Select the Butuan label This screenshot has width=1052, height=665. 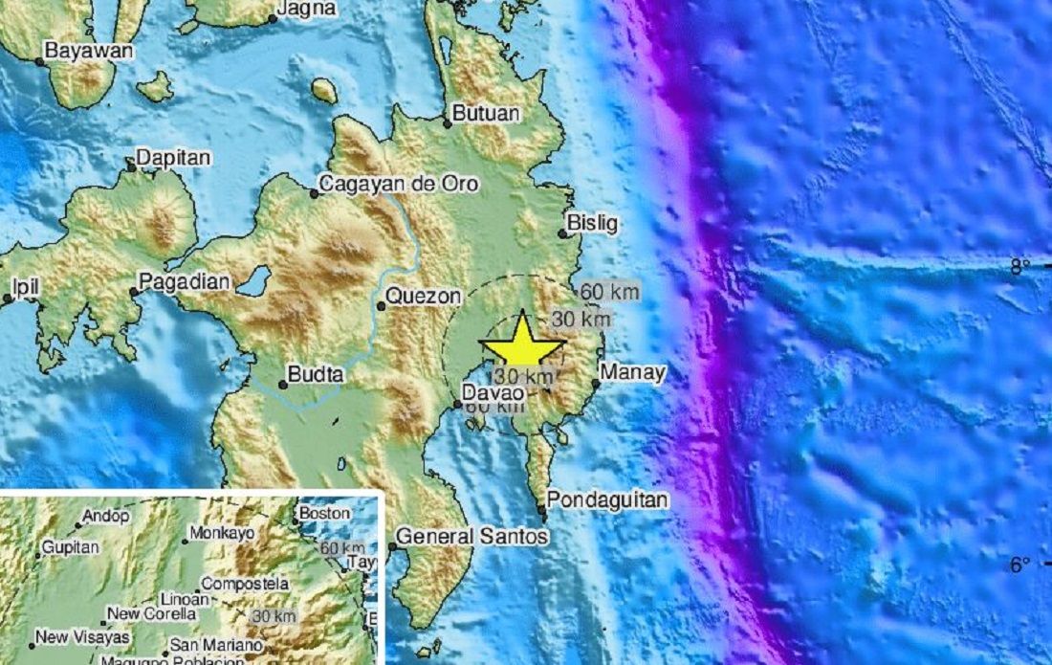point(486,113)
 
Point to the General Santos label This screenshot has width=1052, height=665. point(472,537)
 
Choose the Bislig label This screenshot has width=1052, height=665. point(592,223)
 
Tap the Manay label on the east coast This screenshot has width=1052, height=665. point(632,372)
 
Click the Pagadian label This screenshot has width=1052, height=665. point(185,281)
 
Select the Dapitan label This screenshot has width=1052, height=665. point(172,157)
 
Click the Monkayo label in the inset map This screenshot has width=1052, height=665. point(221,533)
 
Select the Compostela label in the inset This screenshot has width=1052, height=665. point(245,583)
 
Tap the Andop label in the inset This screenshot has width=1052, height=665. point(106,516)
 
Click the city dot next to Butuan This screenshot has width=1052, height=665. point(447,122)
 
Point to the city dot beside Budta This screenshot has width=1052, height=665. point(283,385)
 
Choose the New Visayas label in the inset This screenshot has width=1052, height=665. point(76,634)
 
